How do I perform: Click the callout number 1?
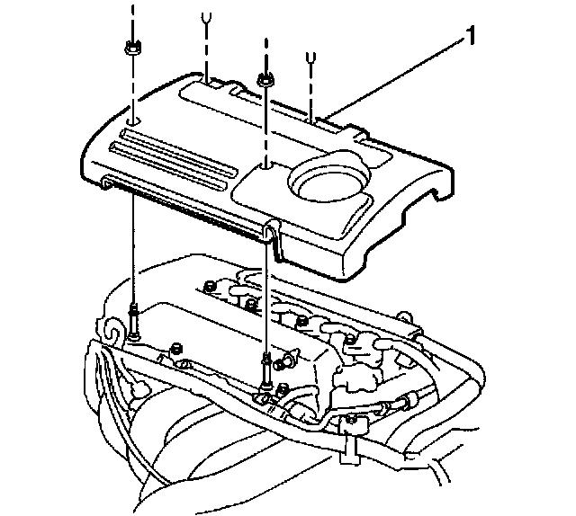(471, 37)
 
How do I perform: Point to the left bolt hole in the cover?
(132, 120)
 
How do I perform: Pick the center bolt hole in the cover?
(266, 164)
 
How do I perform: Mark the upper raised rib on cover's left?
(171, 138)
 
